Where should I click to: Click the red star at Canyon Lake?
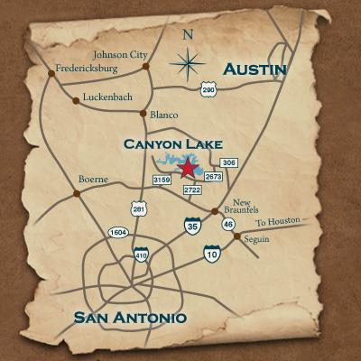(x=188, y=168)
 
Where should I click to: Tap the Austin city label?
(x=255, y=69)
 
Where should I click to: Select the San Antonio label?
(x=130, y=318)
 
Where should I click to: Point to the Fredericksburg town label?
(x=87, y=67)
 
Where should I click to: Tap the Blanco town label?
(x=164, y=115)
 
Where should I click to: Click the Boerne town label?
(x=94, y=179)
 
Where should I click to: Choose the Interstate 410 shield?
(x=141, y=255)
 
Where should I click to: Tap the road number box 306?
(x=229, y=162)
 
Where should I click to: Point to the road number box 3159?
(x=162, y=180)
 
